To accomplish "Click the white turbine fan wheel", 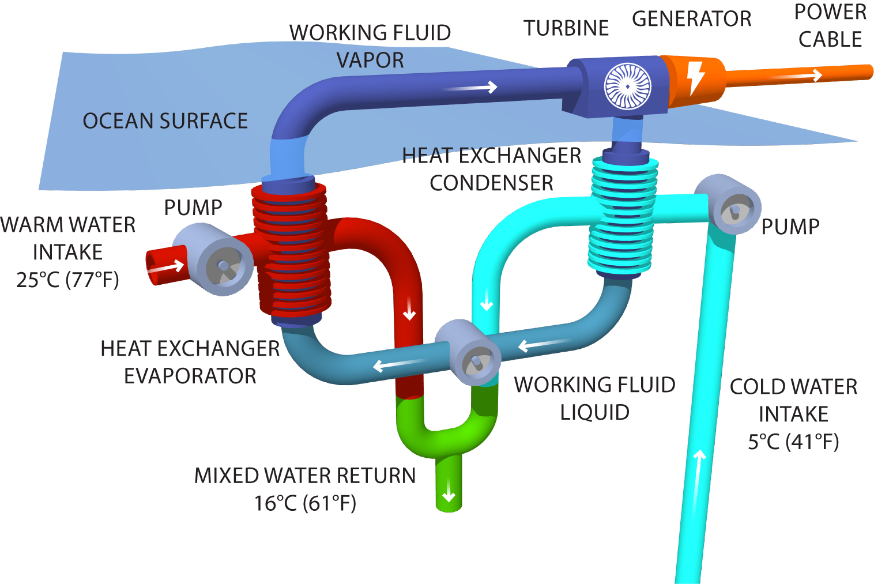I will click(627, 86).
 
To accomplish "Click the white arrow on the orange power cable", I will click(798, 75).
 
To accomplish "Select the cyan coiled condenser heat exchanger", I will click(623, 216).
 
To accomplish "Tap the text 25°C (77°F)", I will click(67, 280).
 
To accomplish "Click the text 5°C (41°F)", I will click(793, 442).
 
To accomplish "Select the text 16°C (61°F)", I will click(306, 503).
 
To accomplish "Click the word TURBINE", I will click(566, 28).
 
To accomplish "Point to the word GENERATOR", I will click(691, 19).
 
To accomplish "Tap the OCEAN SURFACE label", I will click(165, 121).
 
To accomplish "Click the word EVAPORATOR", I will click(190, 376).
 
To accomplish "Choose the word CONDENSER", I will click(491, 183).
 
